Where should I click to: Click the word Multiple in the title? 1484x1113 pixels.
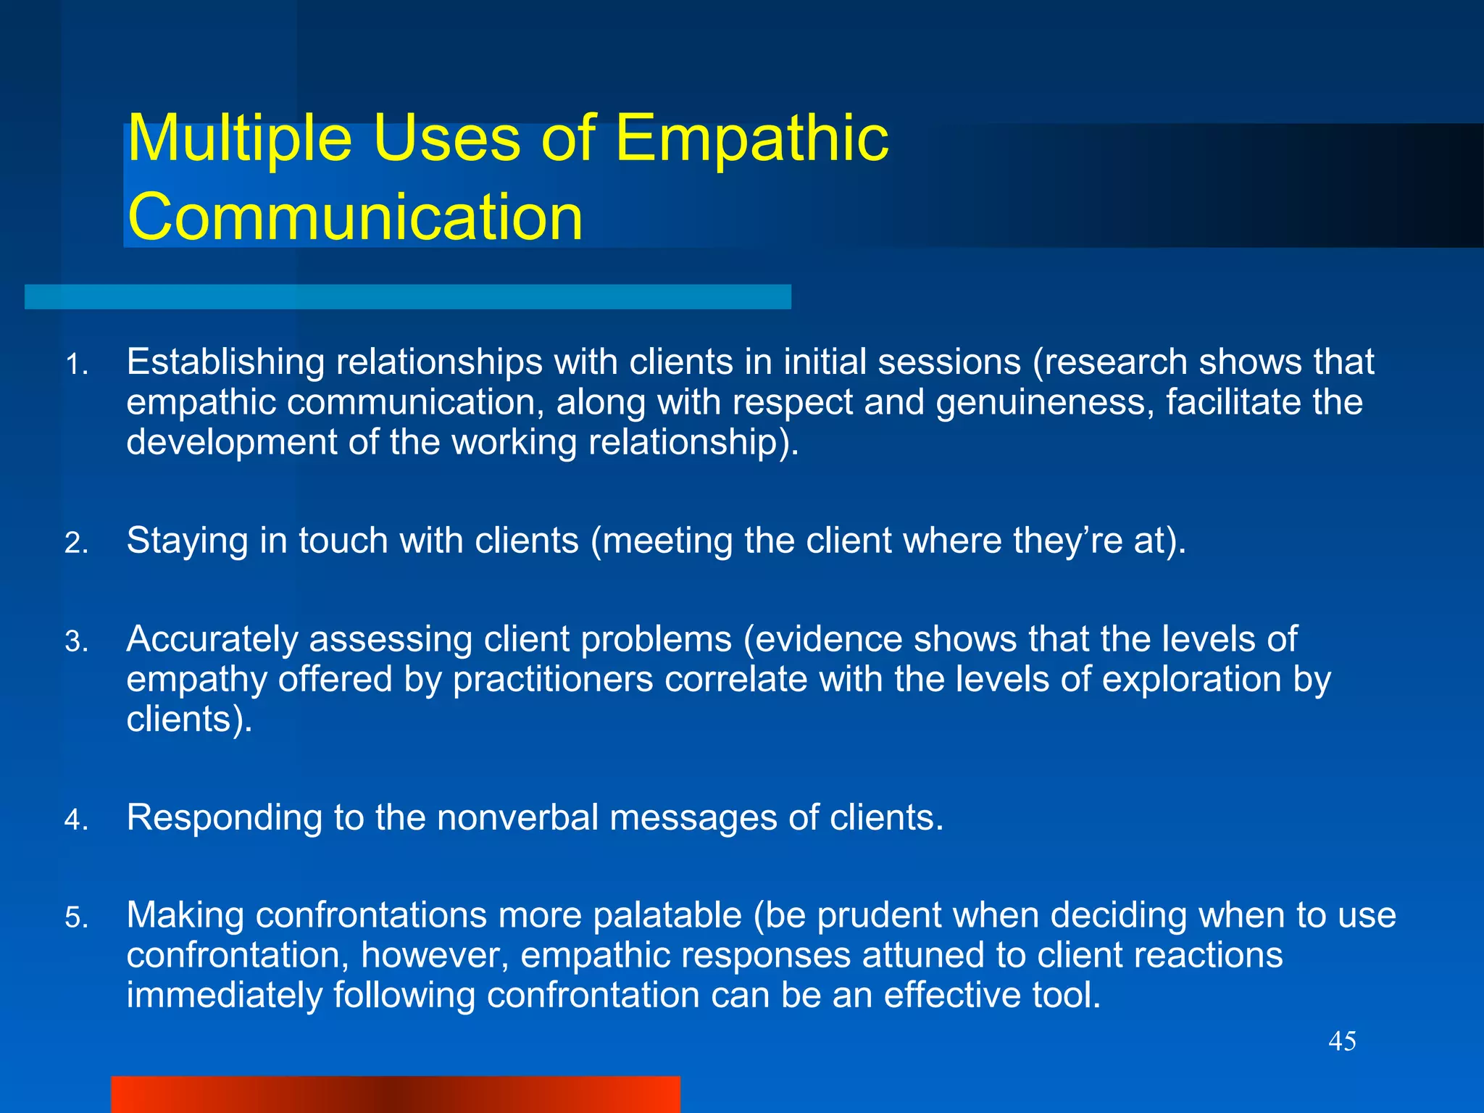[x=239, y=139]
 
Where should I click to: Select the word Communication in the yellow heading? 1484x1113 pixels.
[x=355, y=217]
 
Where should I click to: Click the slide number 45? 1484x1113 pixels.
[x=1342, y=1041]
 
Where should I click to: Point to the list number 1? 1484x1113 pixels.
[x=76, y=364]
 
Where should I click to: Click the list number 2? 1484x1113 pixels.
[x=76, y=543]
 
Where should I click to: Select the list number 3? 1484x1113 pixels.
[x=76, y=642]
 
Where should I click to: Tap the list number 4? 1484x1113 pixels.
[x=76, y=820]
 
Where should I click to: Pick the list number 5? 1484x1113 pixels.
[x=76, y=918]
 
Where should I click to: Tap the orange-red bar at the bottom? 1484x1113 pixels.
[x=396, y=1094]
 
